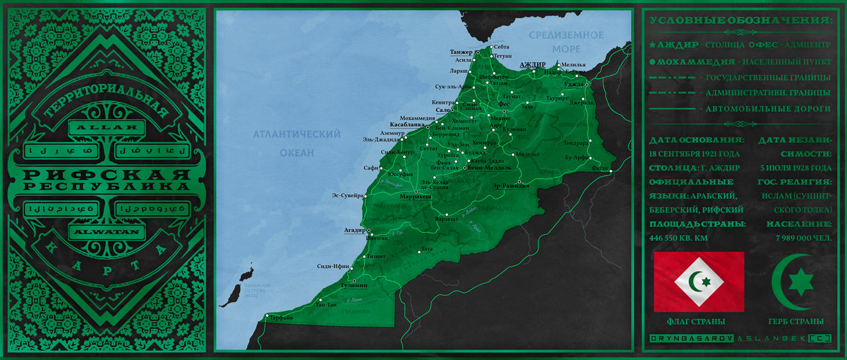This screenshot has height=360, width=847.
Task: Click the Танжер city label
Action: pos(461,52)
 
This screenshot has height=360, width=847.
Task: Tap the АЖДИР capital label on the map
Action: pos(532,65)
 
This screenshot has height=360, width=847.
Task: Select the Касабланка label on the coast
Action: pos(407,124)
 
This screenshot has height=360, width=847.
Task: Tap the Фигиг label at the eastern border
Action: pos(600,168)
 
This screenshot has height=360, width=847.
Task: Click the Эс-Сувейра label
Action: pos(347,195)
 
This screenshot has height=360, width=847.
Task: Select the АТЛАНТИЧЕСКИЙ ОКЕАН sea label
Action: pos(296,143)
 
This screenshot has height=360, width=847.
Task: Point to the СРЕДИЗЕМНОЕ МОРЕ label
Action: pos(566,42)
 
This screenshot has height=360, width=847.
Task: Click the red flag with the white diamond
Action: pos(699,281)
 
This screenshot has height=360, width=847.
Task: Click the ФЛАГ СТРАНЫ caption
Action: pos(695,322)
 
